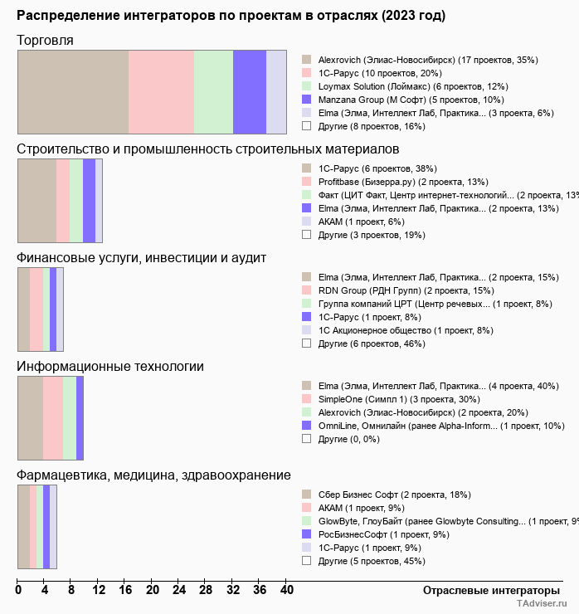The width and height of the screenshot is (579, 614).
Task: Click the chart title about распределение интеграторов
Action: coord(231,16)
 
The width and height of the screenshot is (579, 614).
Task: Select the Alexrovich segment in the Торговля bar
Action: coord(73,91)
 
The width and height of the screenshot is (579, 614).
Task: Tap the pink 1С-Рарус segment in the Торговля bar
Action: coord(161,91)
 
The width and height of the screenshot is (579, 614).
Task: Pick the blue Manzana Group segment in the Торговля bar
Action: coord(249,91)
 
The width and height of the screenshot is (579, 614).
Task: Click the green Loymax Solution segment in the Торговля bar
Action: coord(213,91)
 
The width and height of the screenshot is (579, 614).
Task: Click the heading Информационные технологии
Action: coord(110,366)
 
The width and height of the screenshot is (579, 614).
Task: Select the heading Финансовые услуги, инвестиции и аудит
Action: coord(142,257)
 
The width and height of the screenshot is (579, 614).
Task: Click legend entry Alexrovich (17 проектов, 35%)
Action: coord(428,60)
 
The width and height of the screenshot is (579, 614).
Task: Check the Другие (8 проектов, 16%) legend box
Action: coord(306,126)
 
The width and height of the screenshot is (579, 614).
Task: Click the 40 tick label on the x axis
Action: coord(286,590)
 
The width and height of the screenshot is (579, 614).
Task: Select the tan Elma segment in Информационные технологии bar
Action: coord(31,417)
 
